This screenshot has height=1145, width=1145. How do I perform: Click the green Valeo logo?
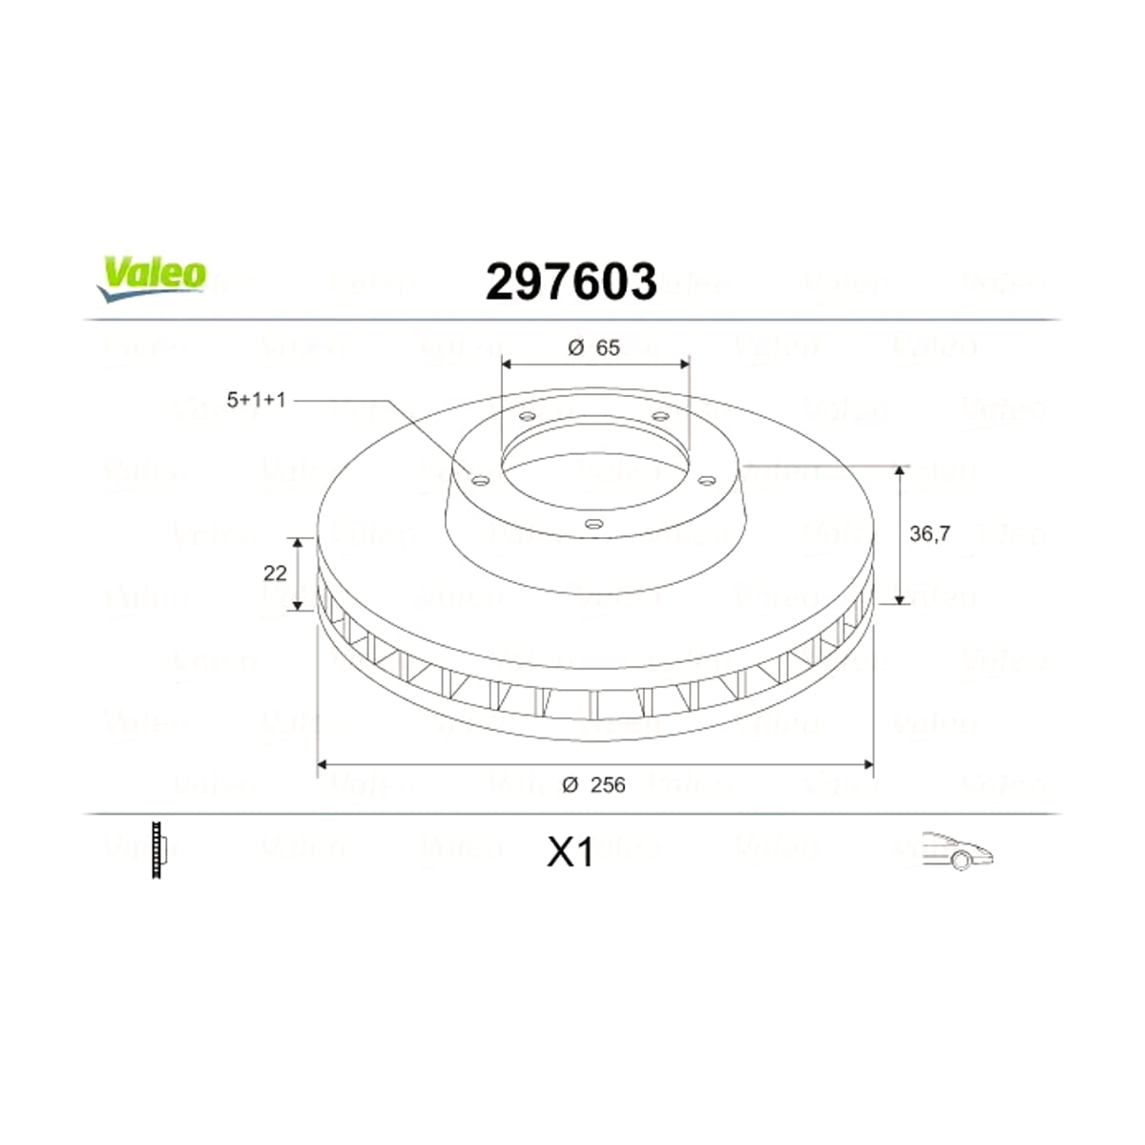(x=152, y=279)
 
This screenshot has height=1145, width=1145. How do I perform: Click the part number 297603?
(x=571, y=281)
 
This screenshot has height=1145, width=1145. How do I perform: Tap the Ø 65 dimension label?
(x=593, y=347)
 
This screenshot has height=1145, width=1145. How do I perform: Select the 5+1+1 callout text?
(x=256, y=400)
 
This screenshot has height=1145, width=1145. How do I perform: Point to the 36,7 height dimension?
(x=930, y=533)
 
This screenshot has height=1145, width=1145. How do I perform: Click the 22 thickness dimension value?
(x=275, y=573)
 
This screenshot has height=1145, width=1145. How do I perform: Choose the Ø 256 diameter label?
(x=593, y=785)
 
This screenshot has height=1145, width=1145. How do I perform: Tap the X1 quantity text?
(x=571, y=853)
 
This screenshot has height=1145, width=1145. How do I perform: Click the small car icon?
(x=957, y=851)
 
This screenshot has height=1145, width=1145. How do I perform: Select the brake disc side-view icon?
(x=158, y=850)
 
